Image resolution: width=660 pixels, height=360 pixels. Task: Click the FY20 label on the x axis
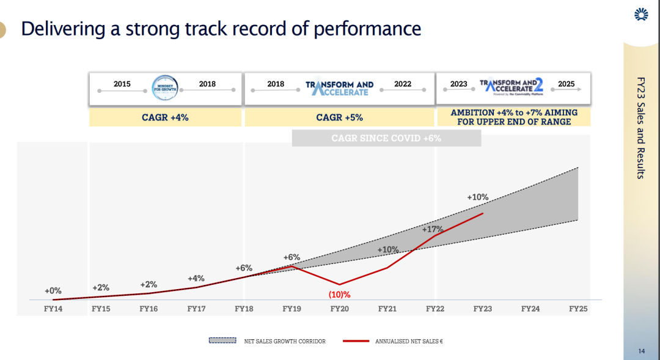[339, 309]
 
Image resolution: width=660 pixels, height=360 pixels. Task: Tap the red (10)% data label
[339, 295]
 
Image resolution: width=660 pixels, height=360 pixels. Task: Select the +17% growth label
[433, 229]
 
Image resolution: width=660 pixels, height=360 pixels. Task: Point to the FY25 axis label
[577, 309]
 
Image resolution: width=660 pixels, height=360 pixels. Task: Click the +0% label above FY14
[53, 291]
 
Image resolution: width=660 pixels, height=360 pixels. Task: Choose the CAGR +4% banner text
[165, 117]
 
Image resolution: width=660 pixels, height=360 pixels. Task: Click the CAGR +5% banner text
[339, 117]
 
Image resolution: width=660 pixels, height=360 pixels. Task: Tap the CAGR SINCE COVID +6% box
[386, 138]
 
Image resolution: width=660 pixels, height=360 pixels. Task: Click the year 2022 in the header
[403, 84]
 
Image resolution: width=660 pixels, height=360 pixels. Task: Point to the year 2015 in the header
[122, 84]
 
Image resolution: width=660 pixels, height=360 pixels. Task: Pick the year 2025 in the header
[566, 84]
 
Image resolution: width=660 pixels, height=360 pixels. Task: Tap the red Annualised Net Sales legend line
[356, 341]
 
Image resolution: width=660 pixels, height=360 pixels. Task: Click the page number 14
[641, 351]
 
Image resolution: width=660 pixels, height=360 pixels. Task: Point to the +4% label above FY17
[196, 279]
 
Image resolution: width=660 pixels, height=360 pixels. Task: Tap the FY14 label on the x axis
[53, 309]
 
